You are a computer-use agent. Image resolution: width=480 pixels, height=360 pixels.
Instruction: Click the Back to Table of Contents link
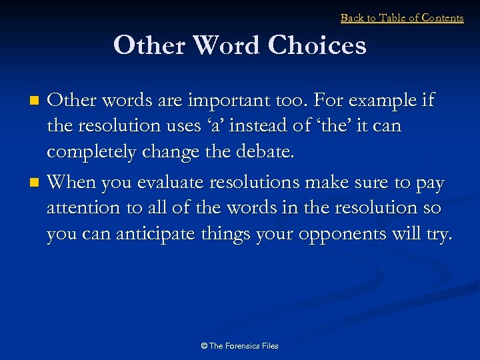click(402, 18)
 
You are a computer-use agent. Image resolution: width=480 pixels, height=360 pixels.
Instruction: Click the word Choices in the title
click(317, 46)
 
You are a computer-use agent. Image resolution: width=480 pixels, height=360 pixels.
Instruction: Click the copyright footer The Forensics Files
click(239, 346)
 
